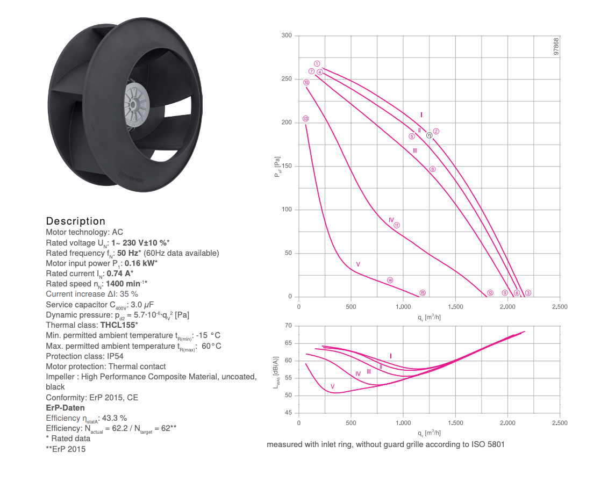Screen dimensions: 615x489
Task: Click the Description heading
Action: (x=76, y=221)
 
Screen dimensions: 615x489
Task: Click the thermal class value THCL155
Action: (x=118, y=325)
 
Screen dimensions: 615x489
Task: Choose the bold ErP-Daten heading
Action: (x=65, y=408)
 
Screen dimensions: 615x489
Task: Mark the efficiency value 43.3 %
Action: (x=115, y=418)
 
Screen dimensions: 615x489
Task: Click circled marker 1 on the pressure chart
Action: (x=317, y=63)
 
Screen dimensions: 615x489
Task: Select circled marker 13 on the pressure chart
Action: (x=305, y=119)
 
